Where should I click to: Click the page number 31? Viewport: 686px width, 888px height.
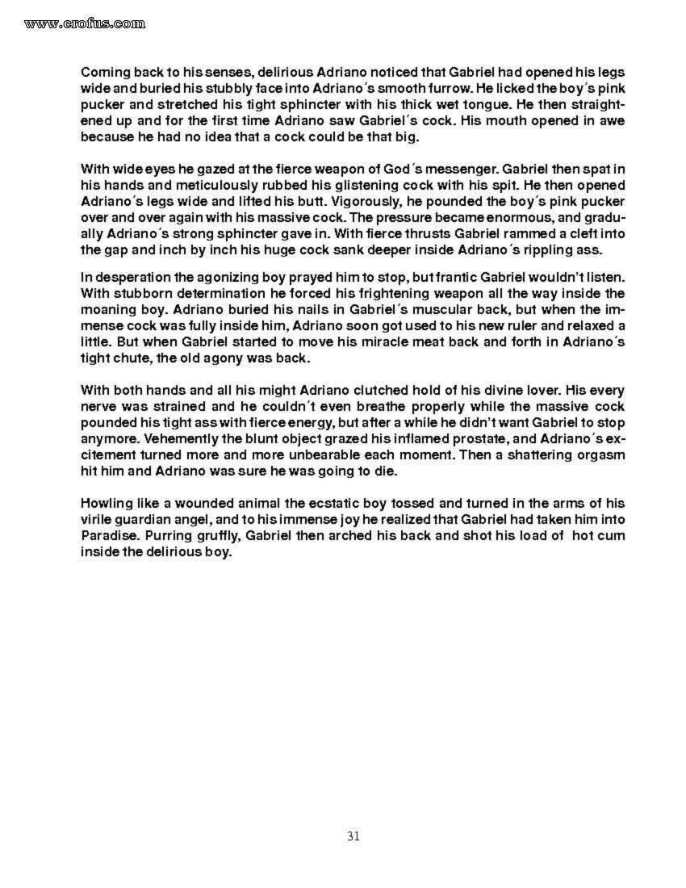[x=353, y=836]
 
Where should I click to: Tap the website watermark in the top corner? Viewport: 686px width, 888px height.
[x=85, y=23]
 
